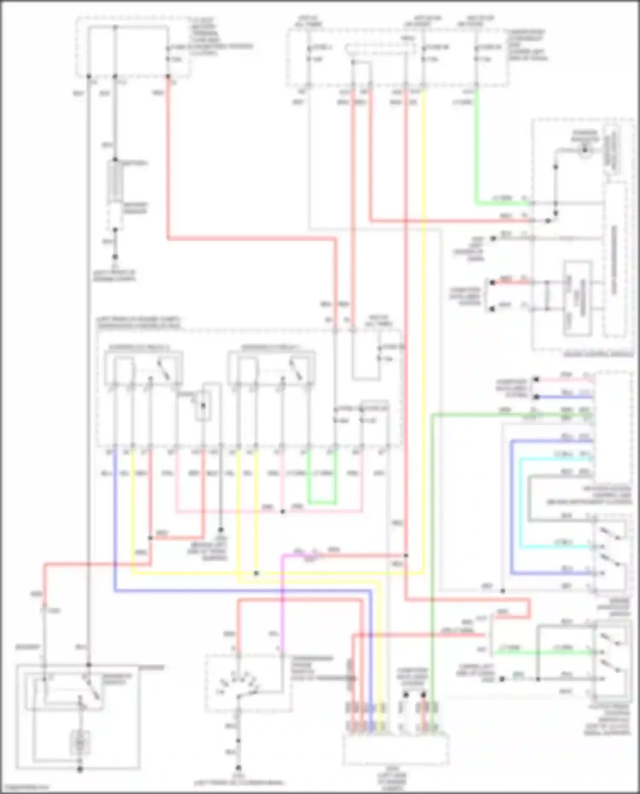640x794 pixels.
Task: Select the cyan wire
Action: point(521,503)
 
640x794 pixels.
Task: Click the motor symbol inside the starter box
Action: point(80,742)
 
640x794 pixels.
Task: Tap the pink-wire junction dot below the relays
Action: point(282,511)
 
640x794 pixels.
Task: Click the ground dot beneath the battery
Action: point(115,257)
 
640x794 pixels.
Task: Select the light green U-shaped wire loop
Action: point(322,503)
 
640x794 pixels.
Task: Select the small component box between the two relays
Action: point(203,405)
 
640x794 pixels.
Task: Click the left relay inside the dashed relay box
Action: point(143,369)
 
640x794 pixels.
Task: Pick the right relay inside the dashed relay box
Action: point(272,369)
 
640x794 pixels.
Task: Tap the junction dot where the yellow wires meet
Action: point(256,573)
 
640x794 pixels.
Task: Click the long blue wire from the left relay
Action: point(239,591)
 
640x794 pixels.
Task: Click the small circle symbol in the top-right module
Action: point(585,150)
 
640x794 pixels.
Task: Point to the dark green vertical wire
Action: point(432,555)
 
